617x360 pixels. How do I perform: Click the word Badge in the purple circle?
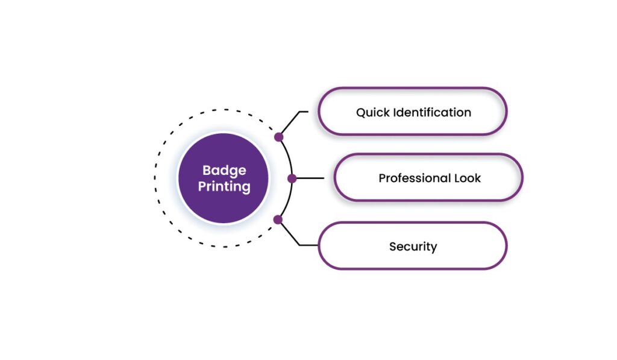(224, 171)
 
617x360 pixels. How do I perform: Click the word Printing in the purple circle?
(224, 186)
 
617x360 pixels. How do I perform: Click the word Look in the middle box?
(469, 178)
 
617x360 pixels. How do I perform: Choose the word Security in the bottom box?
(413, 246)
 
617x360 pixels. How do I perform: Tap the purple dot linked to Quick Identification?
(278, 137)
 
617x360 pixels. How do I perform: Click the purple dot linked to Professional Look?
(292, 178)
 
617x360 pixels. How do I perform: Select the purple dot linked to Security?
(278, 219)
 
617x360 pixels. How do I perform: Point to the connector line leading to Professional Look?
(310, 178)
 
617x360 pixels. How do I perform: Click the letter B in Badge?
(206, 170)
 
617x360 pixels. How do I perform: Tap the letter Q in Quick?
(360, 112)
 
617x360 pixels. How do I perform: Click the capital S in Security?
(393, 246)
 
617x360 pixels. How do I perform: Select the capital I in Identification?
(394, 112)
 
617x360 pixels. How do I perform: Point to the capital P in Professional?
(382, 178)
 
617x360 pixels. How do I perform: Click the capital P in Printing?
(201, 186)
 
